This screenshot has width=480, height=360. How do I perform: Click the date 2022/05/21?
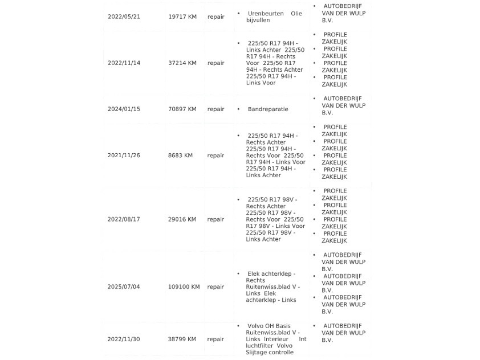124,17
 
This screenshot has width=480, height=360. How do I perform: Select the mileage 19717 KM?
182,17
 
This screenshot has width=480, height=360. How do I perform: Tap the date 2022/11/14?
124,63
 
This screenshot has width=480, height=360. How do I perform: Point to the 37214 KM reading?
182,63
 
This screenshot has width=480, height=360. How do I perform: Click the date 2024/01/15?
124,109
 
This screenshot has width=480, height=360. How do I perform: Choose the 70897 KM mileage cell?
182,109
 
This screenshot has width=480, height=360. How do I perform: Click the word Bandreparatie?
268,109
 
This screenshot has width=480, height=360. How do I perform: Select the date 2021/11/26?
124,155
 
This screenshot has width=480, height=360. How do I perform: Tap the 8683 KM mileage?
181,155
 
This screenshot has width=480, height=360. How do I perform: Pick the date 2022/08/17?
124,219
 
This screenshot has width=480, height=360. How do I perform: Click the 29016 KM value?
182,219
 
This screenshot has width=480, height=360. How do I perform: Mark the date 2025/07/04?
124,287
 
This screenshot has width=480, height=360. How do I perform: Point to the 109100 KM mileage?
184,287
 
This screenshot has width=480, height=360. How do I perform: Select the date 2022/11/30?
124,339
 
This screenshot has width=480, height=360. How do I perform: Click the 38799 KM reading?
182,339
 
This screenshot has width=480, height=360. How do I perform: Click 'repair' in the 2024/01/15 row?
215,109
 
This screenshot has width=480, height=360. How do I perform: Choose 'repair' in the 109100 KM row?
215,287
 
